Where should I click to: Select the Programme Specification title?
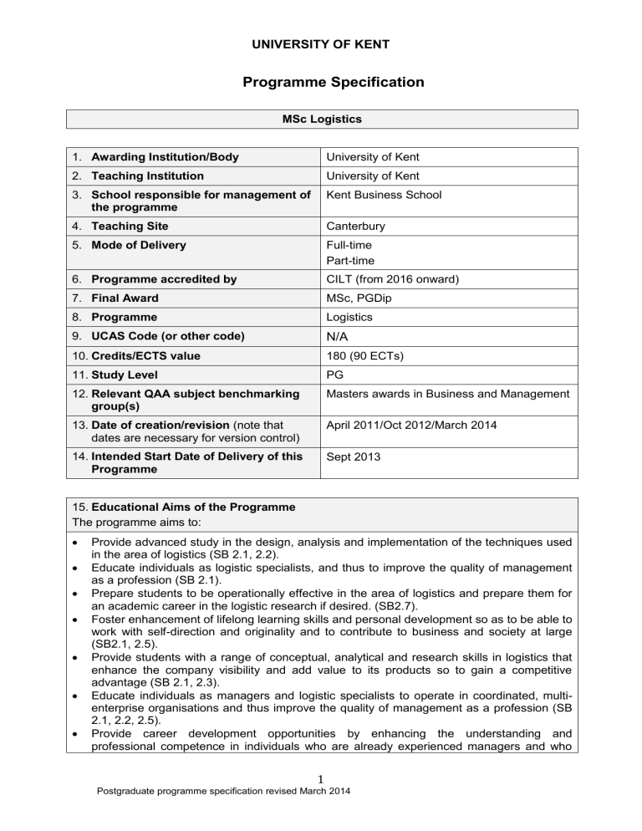(321, 82)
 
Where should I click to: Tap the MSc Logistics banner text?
(321, 120)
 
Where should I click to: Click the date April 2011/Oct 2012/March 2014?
(422, 424)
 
